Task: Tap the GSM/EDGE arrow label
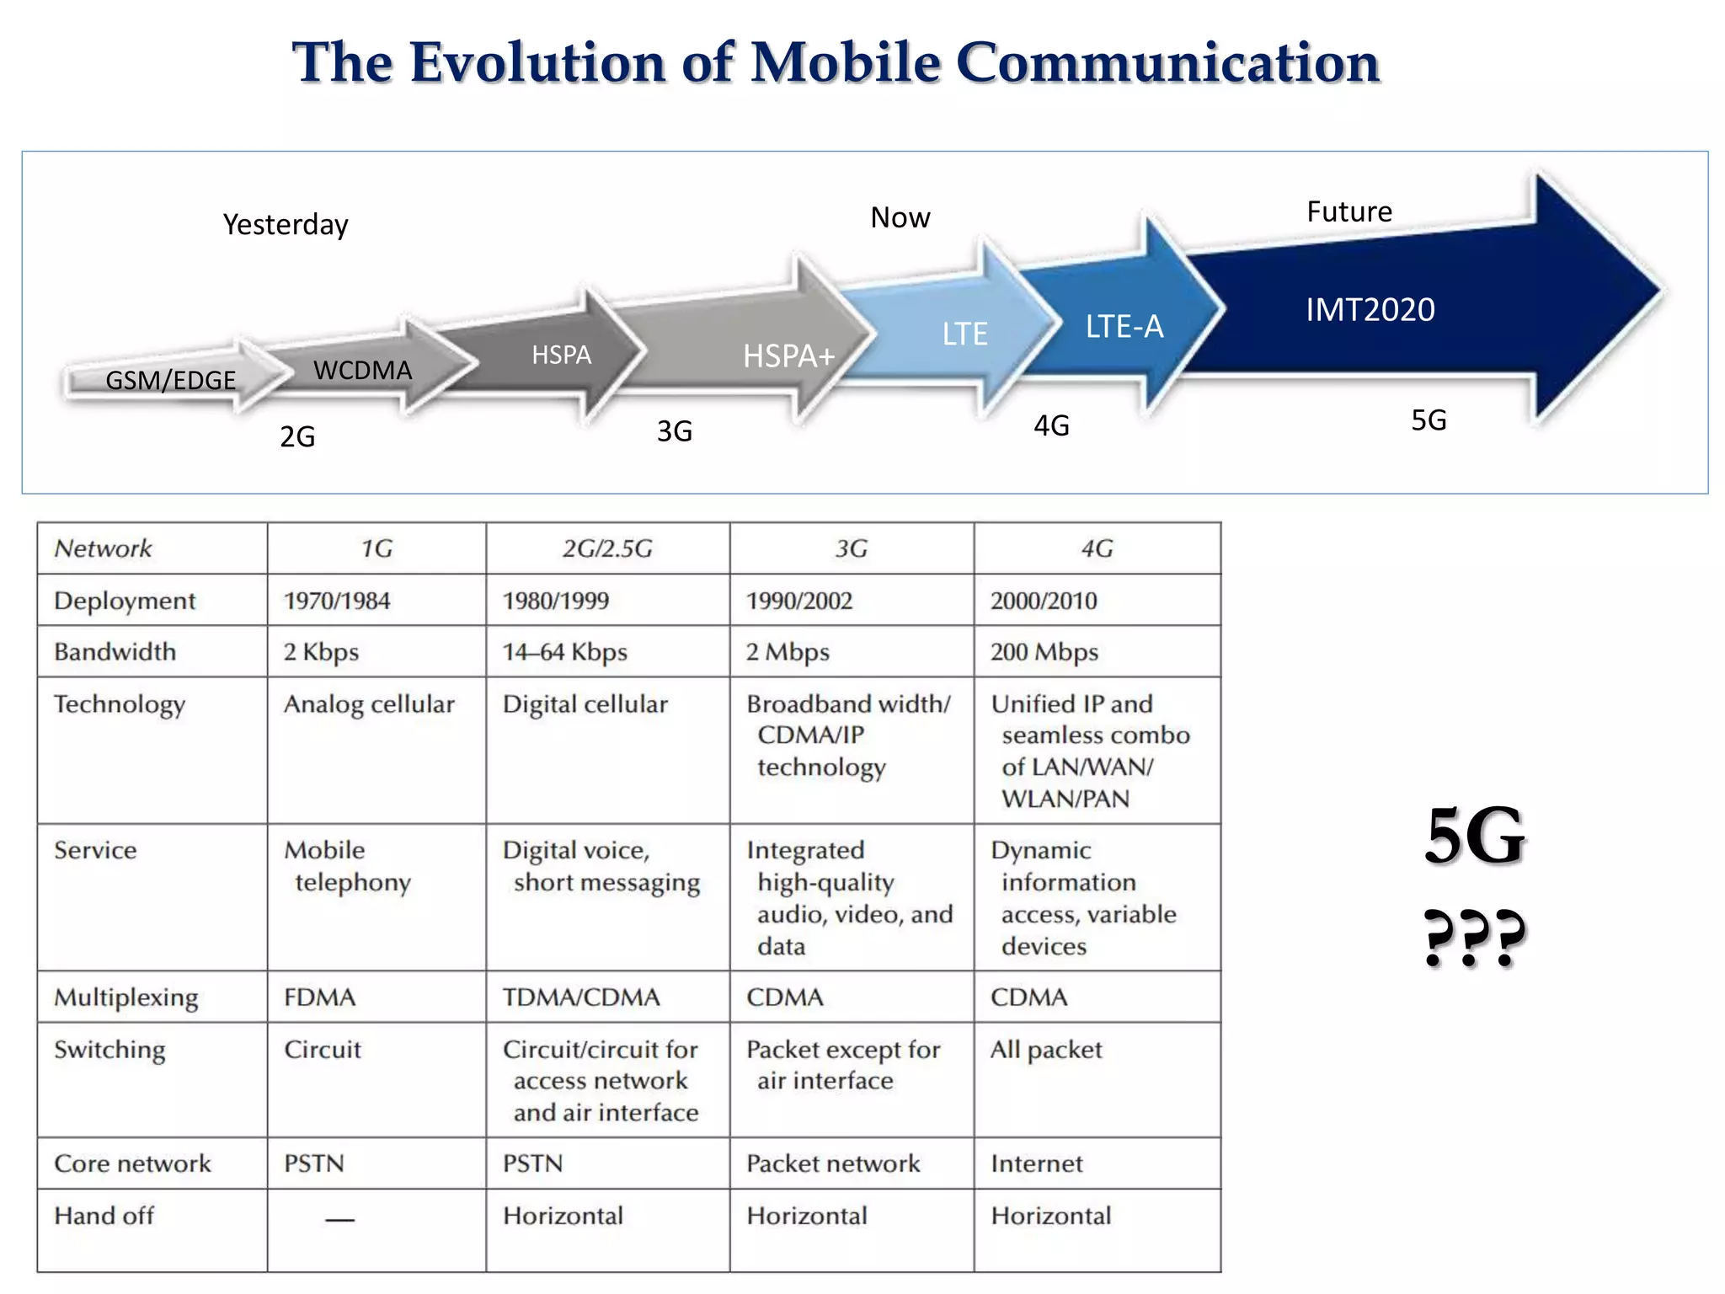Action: pyautogui.click(x=170, y=381)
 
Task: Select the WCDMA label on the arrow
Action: pyautogui.click(x=362, y=371)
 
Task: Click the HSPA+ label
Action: pyautogui.click(x=788, y=356)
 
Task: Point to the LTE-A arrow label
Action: pyautogui.click(x=1124, y=327)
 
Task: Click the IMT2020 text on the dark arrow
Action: pyautogui.click(x=1370, y=310)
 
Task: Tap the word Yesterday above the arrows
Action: pyautogui.click(x=286, y=225)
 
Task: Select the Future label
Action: pyautogui.click(x=1349, y=211)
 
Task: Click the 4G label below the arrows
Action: pyautogui.click(x=1051, y=425)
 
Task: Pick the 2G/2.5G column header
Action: pyautogui.click(x=607, y=549)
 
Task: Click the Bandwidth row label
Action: pyautogui.click(x=115, y=652)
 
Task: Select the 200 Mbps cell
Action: pyautogui.click(x=1044, y=652)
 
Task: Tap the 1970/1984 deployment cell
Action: pyautogui.click(x=337, y=602)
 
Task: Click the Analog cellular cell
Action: pyautogui.click(x=369, y=704)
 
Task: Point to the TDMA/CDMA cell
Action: pyautogui.click(x=581, y=997)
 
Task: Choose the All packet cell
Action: pyautogui.click(x=1046, y=1050)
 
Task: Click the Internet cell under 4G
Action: pyautogui.click(x=1037, y=1164)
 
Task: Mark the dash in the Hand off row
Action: pyautogui.click(x=339, y=1219)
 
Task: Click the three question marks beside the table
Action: pyautogui.click(x=1474, y=938)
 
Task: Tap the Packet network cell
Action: pyautogui.click(x=833, y=1164)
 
